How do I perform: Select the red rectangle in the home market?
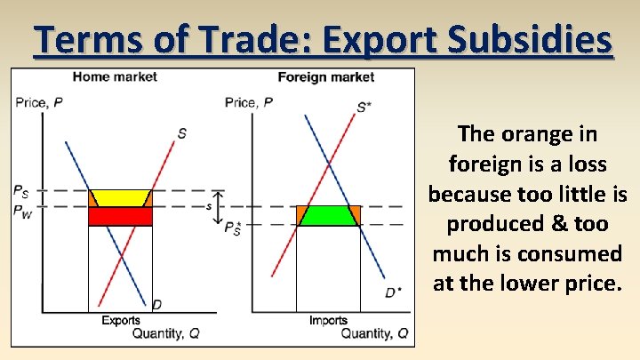[x=120, y=216]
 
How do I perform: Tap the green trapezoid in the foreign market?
[x=328, y=215]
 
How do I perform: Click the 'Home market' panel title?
[x=115, y=77]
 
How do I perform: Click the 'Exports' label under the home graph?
[x=120, y=320]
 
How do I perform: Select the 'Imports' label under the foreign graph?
[x=328, y=320]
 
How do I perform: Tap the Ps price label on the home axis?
[x=21, y=190]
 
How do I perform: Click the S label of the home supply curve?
[x=181, y=134]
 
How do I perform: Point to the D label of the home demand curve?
[x=156, y=305]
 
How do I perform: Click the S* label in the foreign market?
[x=364, y=108]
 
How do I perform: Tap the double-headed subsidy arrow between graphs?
[x=219, y=206]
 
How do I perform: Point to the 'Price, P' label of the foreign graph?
[x=249, y=102]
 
